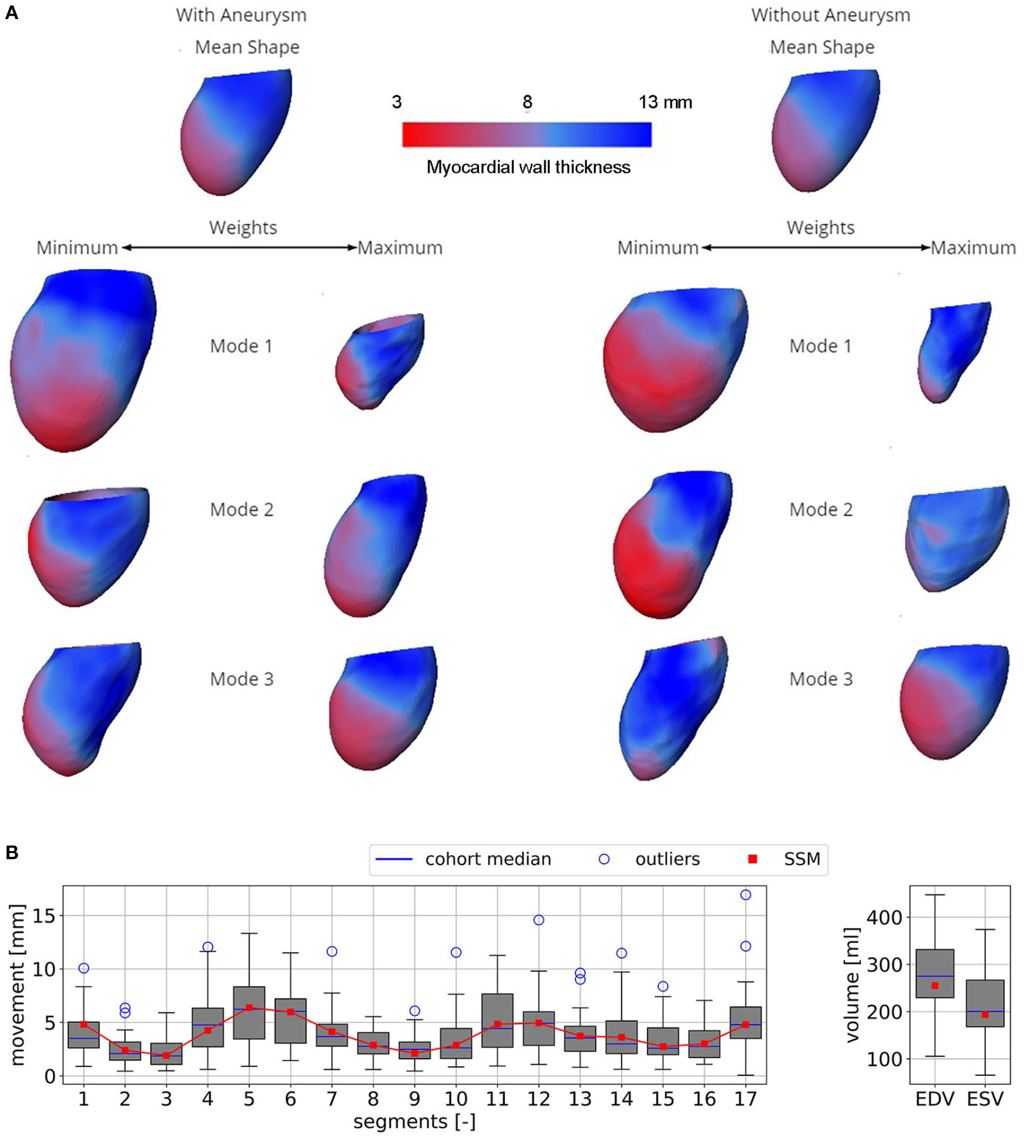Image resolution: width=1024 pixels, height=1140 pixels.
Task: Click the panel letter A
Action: [11, 12]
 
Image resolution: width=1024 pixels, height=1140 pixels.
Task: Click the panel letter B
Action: [11, 852]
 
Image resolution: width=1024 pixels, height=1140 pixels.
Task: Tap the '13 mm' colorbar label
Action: [665, 102]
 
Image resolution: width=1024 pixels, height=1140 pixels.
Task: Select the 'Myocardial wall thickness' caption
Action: [528, 168]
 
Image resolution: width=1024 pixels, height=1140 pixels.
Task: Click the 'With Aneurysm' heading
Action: [241, 15]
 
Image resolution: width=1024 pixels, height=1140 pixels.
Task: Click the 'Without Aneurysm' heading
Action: [830, 15]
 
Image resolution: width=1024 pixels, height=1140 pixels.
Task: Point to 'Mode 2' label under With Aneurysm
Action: [242, 510]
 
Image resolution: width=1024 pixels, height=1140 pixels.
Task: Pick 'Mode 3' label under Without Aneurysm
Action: [821, 679]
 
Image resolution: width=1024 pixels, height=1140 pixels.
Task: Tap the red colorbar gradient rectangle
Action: [526, 135]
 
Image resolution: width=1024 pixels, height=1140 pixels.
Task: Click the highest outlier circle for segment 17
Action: [745, 894]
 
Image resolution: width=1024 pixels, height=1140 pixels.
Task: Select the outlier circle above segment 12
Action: [539, 920]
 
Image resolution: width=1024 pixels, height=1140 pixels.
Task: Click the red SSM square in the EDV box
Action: [935, 986]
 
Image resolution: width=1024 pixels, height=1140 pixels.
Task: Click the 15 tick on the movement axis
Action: [44, 916]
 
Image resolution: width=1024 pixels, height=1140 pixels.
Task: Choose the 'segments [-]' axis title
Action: [414, 1122]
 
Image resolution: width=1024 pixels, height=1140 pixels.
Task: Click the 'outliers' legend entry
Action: [667, 859]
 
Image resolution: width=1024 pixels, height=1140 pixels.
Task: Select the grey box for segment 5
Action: [249, 1012]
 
